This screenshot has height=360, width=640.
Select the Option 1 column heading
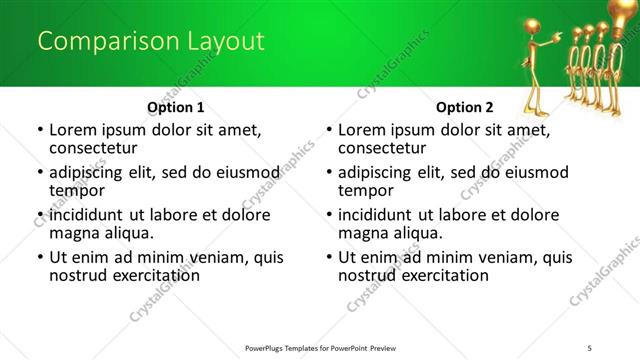(176, 106)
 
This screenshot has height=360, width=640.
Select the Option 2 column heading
(465, 106)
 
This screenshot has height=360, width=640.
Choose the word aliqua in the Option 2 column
(419, 233)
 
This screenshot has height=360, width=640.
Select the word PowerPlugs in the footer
(268, 347)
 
